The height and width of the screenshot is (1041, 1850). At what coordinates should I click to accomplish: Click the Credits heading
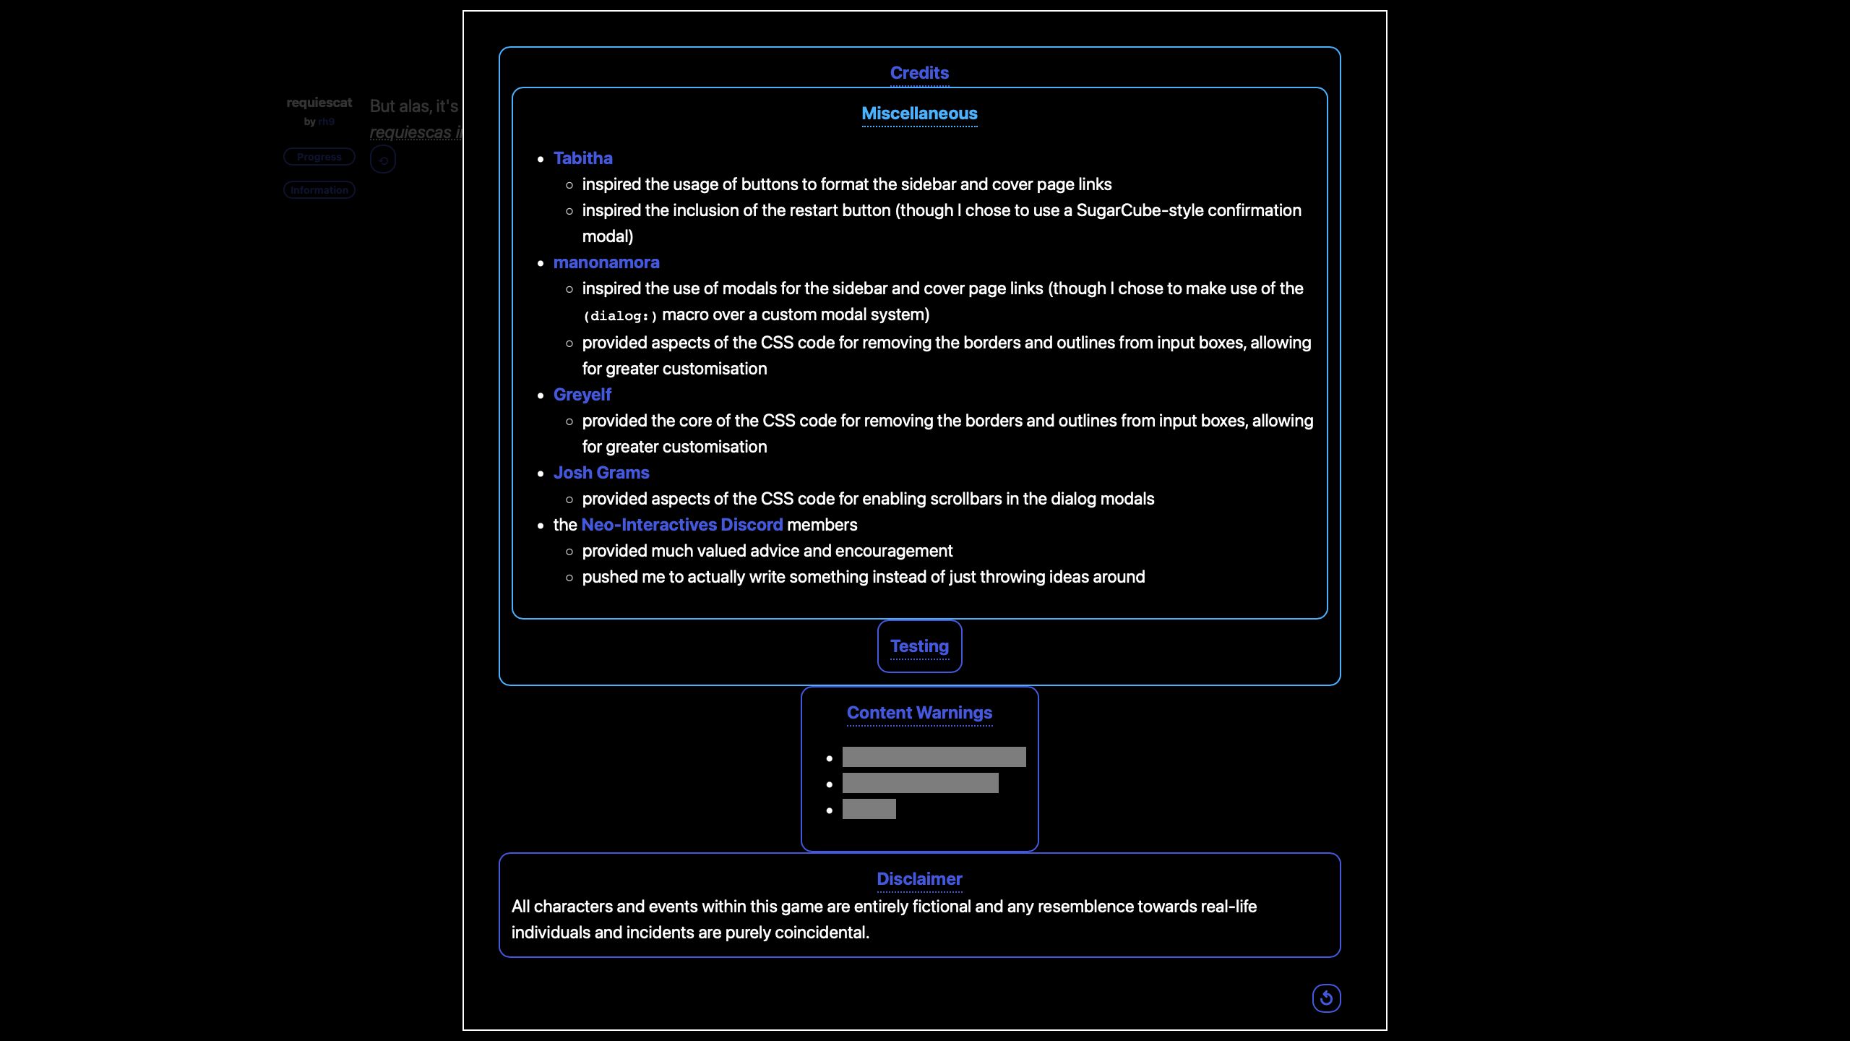(919, 73)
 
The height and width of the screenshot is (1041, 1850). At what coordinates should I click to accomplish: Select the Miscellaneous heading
(919, 113)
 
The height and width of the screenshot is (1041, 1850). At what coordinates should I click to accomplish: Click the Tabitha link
(582, 158)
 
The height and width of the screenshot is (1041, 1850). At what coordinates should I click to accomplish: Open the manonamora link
(606, 262)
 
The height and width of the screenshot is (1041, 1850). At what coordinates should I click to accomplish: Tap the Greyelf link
(582, 395)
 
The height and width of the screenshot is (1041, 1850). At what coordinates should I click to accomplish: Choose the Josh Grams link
(601, 473)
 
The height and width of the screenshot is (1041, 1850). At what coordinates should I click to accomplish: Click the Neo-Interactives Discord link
(681, 525)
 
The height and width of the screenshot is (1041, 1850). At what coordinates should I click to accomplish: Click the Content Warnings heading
(919, 713)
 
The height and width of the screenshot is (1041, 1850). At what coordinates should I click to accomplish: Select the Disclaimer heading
(919, 879)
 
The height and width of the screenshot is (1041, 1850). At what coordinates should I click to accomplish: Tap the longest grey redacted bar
(934, 757)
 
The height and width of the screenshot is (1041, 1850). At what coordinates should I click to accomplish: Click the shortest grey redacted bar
(869, 809)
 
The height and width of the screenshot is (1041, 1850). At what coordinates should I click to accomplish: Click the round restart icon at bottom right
(1326, 998)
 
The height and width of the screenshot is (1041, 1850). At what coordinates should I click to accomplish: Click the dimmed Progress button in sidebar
(319, 157)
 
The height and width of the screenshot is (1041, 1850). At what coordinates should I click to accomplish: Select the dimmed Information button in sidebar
(319, 190)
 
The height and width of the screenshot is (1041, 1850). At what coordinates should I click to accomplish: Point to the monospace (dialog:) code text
(620, 316)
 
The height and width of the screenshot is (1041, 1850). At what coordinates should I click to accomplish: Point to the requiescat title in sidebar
(319, 103)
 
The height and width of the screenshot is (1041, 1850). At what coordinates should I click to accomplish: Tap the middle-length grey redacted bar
(920, 783)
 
